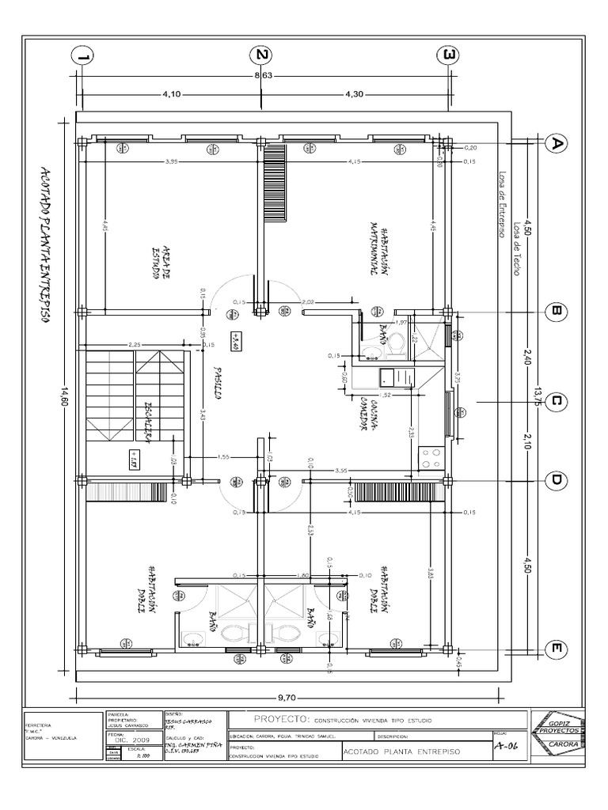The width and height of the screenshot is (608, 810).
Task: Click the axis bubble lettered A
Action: point(557,143)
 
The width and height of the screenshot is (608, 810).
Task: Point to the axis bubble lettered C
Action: point(557,402)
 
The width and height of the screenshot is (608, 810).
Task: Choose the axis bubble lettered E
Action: point(557,649)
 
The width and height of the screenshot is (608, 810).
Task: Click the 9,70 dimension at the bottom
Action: point(286,697)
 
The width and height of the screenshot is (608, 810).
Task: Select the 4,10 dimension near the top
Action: point(172,94)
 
